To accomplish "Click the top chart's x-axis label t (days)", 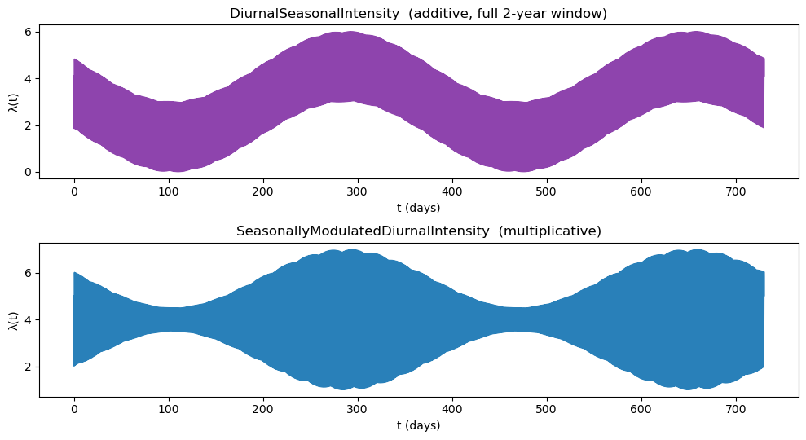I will (x=418, y=209).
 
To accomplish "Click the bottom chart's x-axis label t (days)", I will (x=418, y=425).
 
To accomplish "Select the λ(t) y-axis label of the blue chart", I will (x=14, y=319).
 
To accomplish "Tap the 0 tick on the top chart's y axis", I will (x=27, y=172).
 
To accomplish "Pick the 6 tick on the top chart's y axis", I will (x=27, y=32).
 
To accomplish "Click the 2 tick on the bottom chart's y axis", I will (x=27, y=367).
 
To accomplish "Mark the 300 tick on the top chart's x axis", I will (x=357, y=191).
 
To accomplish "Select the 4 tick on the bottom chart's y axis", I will (x=27, y=319).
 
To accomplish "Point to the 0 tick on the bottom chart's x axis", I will (x=73, y=410).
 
